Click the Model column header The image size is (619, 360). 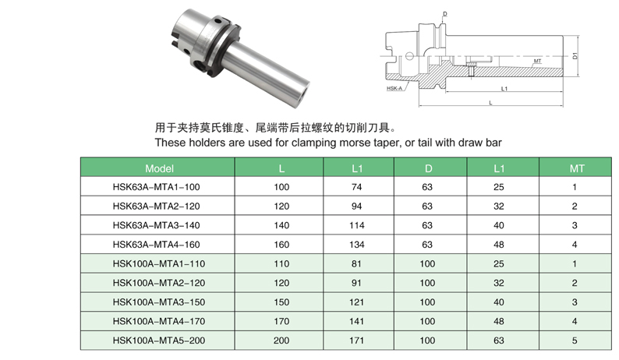159,168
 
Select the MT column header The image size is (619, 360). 577,168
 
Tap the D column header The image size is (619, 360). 428,168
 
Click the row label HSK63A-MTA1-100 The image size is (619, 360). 157,187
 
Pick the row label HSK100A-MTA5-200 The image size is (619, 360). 159,341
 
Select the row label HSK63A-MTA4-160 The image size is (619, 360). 157,245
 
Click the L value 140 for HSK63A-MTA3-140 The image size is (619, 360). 281,225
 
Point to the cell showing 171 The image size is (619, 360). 356,341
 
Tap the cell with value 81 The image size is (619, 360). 356,263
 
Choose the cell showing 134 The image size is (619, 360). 357,245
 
